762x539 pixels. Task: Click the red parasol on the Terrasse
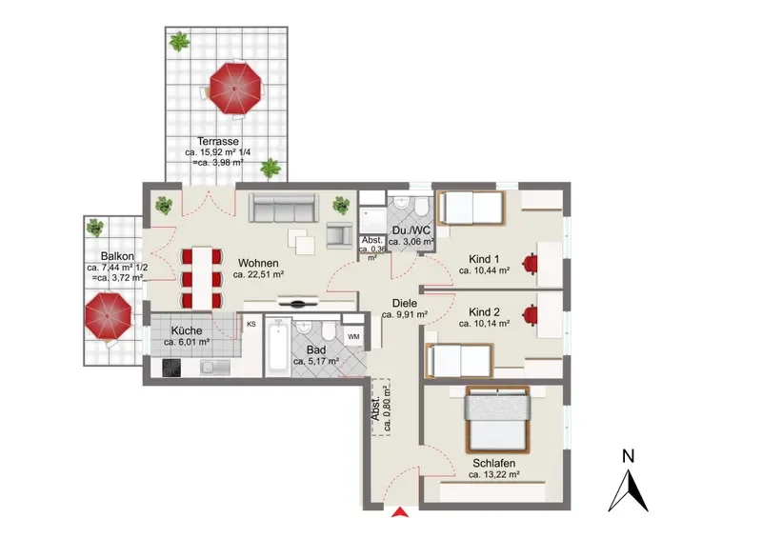coord(235,89)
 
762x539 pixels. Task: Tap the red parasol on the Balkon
coord(108,315)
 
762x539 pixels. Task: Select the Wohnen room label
coord(258,263)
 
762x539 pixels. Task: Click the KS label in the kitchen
coord(251,324)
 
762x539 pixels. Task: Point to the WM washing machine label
coord(353,336)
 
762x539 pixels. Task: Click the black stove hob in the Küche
coord(171,368)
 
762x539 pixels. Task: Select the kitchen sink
coord(215,368)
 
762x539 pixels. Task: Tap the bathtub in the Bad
coord(277,347)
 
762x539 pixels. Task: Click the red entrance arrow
coord(400,511)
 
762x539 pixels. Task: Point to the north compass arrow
coord(629,490)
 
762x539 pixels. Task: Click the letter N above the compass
coord(629,456)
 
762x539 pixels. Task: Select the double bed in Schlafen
coord(497,419)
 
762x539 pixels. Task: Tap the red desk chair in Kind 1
coord(530,263)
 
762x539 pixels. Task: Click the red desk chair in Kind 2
coord(531,314)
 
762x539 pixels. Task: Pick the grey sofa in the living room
coord(284,208)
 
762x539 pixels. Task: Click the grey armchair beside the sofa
coord(339,236)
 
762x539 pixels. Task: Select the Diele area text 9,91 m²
coord(404,315)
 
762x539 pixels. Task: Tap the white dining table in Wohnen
coord(202,278)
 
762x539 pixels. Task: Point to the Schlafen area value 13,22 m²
coord(494,475)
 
